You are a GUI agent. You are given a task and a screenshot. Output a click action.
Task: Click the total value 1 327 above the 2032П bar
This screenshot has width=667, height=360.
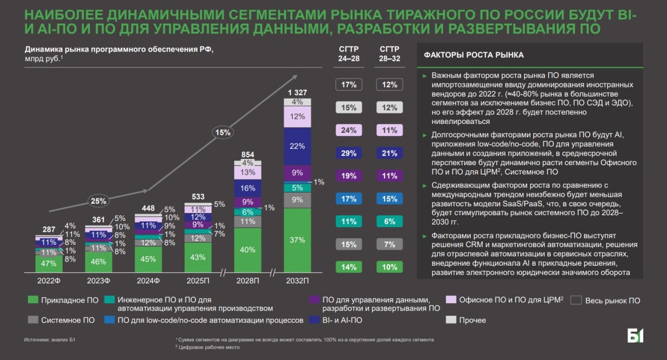click(297, 92)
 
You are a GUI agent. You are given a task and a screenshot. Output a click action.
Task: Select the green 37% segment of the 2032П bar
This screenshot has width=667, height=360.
click(297, 240)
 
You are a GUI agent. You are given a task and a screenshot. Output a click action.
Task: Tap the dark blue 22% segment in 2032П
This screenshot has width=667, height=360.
click(297, 146)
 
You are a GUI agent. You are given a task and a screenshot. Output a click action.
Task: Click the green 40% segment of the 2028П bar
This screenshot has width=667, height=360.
click(247, 250)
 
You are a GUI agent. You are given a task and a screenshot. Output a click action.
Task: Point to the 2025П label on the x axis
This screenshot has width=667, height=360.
click(197, 280)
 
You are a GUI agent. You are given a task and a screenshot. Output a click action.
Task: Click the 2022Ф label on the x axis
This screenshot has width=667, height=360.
click(49, 280)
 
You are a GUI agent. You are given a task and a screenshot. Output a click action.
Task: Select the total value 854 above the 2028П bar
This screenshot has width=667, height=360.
click(247, 154)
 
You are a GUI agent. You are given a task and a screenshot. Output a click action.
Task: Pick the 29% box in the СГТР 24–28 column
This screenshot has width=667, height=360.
click(349, 153)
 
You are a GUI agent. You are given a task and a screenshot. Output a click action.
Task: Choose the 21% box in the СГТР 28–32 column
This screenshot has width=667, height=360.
click(390, 153)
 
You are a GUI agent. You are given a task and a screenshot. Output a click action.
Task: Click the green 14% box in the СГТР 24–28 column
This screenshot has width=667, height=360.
click(349, 267)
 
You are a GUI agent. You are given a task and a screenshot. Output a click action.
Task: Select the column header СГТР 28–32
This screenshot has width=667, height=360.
click(390, 53)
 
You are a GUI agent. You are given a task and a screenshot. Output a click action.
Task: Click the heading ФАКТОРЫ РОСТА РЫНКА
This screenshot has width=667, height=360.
click(474, 55)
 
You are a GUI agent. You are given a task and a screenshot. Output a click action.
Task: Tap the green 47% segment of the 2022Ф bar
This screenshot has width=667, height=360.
click(49, 263)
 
